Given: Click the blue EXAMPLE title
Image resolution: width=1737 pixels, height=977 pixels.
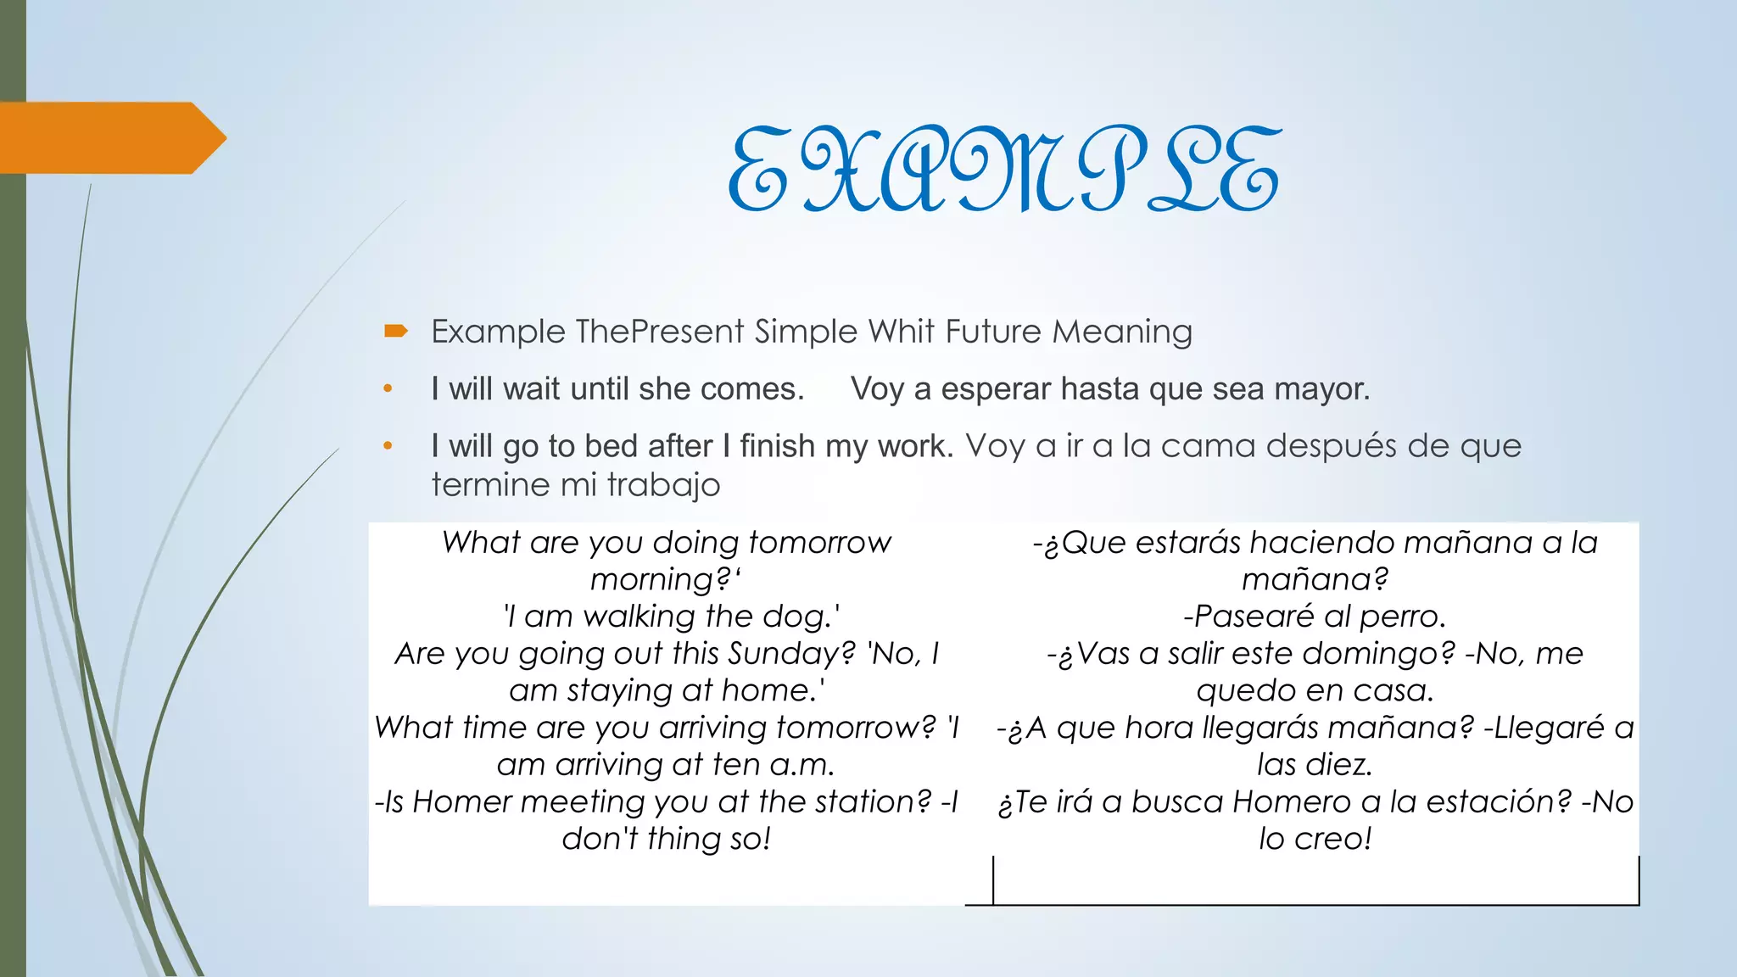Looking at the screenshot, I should click(x=1004, y=170).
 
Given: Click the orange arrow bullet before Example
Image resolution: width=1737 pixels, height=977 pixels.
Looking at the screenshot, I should click(x=395, y=331).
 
